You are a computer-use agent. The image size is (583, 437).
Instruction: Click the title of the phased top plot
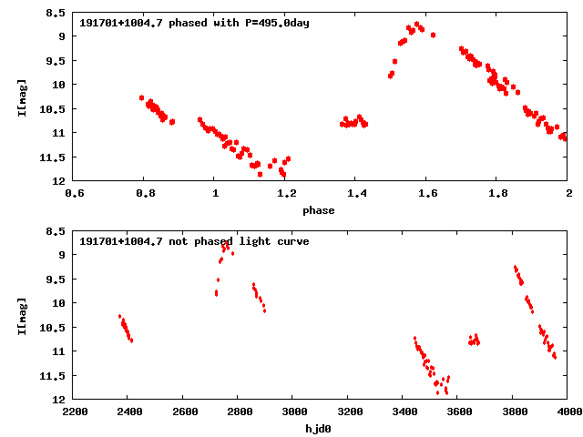[194, 23]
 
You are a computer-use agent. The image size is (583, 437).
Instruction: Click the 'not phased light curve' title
[194, 241]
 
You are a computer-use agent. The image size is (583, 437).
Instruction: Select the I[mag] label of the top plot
[22, 97]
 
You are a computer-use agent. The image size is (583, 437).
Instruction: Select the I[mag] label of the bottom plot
[22, 316]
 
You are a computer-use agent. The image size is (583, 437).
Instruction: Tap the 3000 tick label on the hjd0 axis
[292, 412]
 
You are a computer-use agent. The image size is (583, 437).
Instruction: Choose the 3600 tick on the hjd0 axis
[458, 412]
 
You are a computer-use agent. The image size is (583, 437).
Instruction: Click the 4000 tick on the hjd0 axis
[567, 412]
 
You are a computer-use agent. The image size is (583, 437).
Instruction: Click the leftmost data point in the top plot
[142, 97]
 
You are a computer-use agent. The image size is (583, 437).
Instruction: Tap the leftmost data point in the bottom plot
[120, 317]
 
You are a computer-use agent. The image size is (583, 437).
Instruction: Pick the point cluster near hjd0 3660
[474, 340]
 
